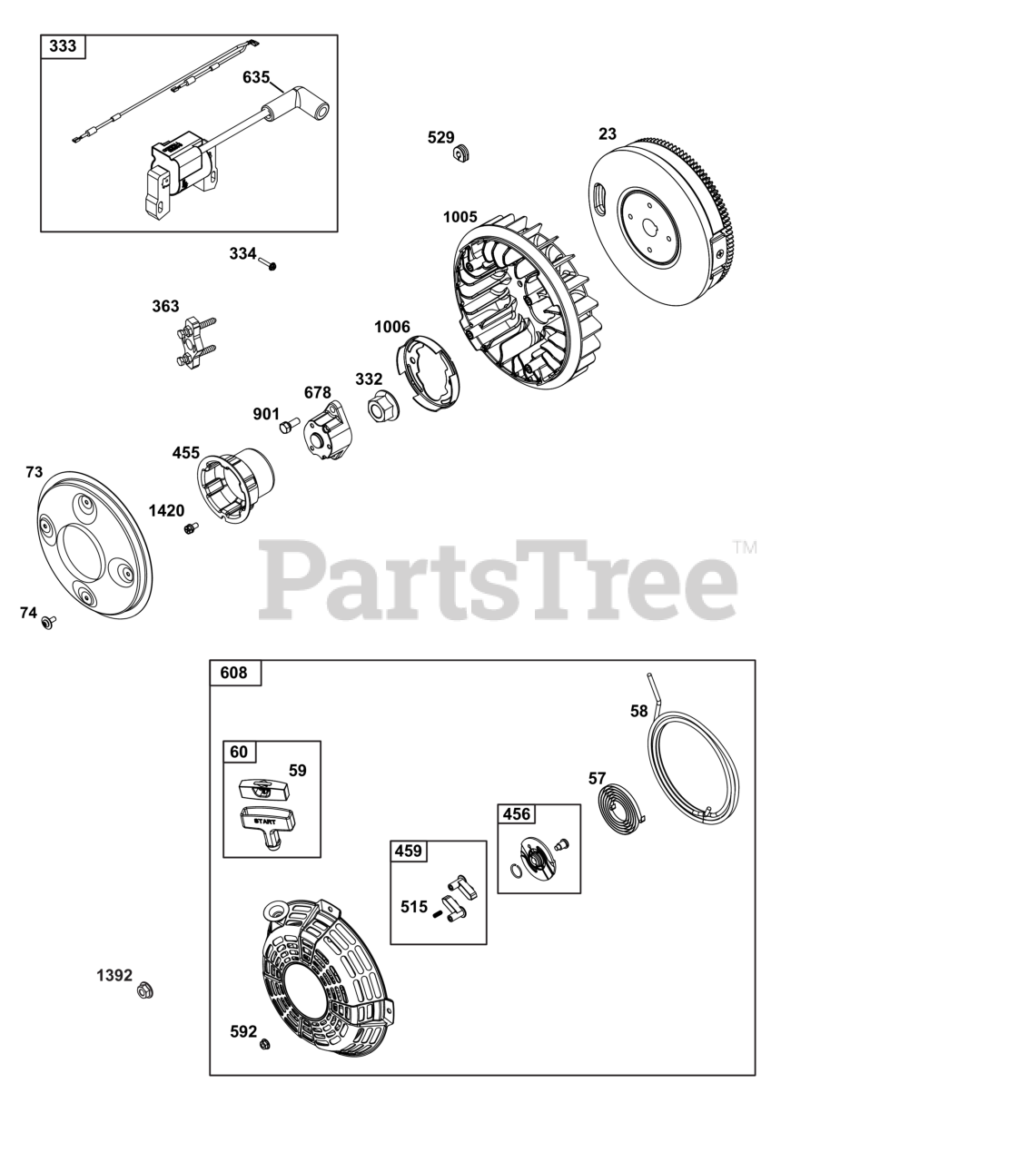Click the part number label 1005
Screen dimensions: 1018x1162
tap(460, 217)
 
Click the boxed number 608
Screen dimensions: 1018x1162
tap(233, 673)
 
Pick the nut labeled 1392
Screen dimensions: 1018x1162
tap(144, 990)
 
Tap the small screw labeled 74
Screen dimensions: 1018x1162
tap(47, 623)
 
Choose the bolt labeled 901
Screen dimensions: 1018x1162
tap(290, 425)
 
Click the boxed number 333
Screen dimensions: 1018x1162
tap(63, 46)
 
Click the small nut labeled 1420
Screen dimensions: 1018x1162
tap(191, 528)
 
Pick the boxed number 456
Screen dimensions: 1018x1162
tap(516, 814)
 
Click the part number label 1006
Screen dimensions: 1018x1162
tap(392, 327)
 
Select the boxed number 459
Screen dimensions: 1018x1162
tap(409, 852)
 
